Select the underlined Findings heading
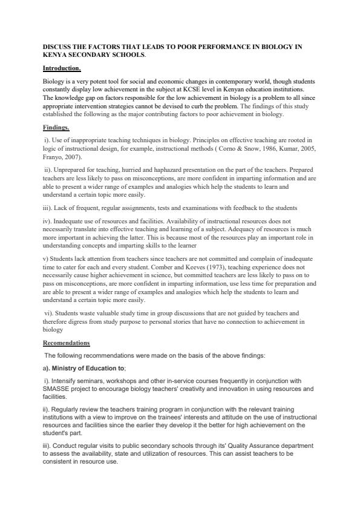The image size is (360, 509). pos(56,128)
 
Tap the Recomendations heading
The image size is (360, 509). pos(66,343)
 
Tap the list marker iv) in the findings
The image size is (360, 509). pos(48,218)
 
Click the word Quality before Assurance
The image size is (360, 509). pos(212,445)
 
